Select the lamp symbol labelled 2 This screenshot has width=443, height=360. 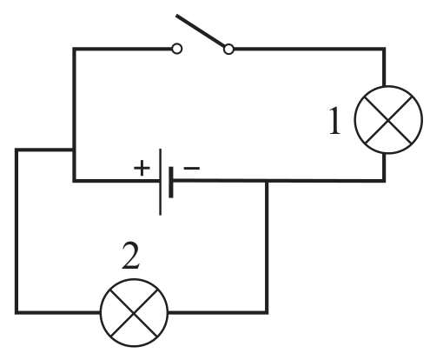point(134,312)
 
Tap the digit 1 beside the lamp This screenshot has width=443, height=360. point(335,120)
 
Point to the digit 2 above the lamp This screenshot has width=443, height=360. point(131,256)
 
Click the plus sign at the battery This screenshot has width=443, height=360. point(142,168)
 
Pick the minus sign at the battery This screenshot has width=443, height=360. point(191,168)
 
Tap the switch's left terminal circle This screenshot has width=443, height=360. point(176,49)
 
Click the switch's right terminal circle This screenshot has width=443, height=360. point(228,49)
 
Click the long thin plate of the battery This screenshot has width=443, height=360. point(161,182)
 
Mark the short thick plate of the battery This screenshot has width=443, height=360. point(171,182)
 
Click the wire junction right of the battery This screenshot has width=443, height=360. point(267,181)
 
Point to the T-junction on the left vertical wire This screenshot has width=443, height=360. point(75,150)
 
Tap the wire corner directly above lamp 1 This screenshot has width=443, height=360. point(384,49)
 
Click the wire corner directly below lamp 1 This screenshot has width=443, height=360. point(384,181)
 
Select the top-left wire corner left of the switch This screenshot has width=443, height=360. point(75,49)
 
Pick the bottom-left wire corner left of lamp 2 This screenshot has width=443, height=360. point(17,312)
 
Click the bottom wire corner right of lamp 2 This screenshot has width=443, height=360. point(267,312)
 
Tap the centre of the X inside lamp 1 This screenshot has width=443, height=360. point(388,120)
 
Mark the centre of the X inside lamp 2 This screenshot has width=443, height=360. point(134,312)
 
